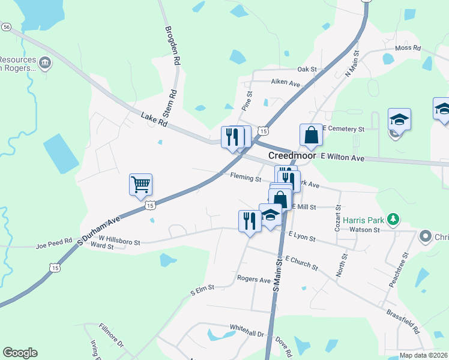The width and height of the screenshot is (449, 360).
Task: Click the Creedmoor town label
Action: (291, 155)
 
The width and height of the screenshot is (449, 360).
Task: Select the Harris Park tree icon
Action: (393, 218)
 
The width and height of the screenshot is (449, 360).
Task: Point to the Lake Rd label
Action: (154, 120)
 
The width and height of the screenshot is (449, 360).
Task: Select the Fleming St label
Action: (246, 178)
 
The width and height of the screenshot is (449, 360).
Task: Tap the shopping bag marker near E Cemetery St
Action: (312, 135)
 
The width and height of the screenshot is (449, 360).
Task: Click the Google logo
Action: (20, 353)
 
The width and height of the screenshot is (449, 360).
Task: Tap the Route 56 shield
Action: (6, 27)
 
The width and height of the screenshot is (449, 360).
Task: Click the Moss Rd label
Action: (406, 48)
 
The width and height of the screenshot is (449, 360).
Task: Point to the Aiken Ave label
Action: (285, 82)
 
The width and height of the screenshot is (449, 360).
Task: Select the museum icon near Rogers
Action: (44, 62)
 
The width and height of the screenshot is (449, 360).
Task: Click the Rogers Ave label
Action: (254, 279)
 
